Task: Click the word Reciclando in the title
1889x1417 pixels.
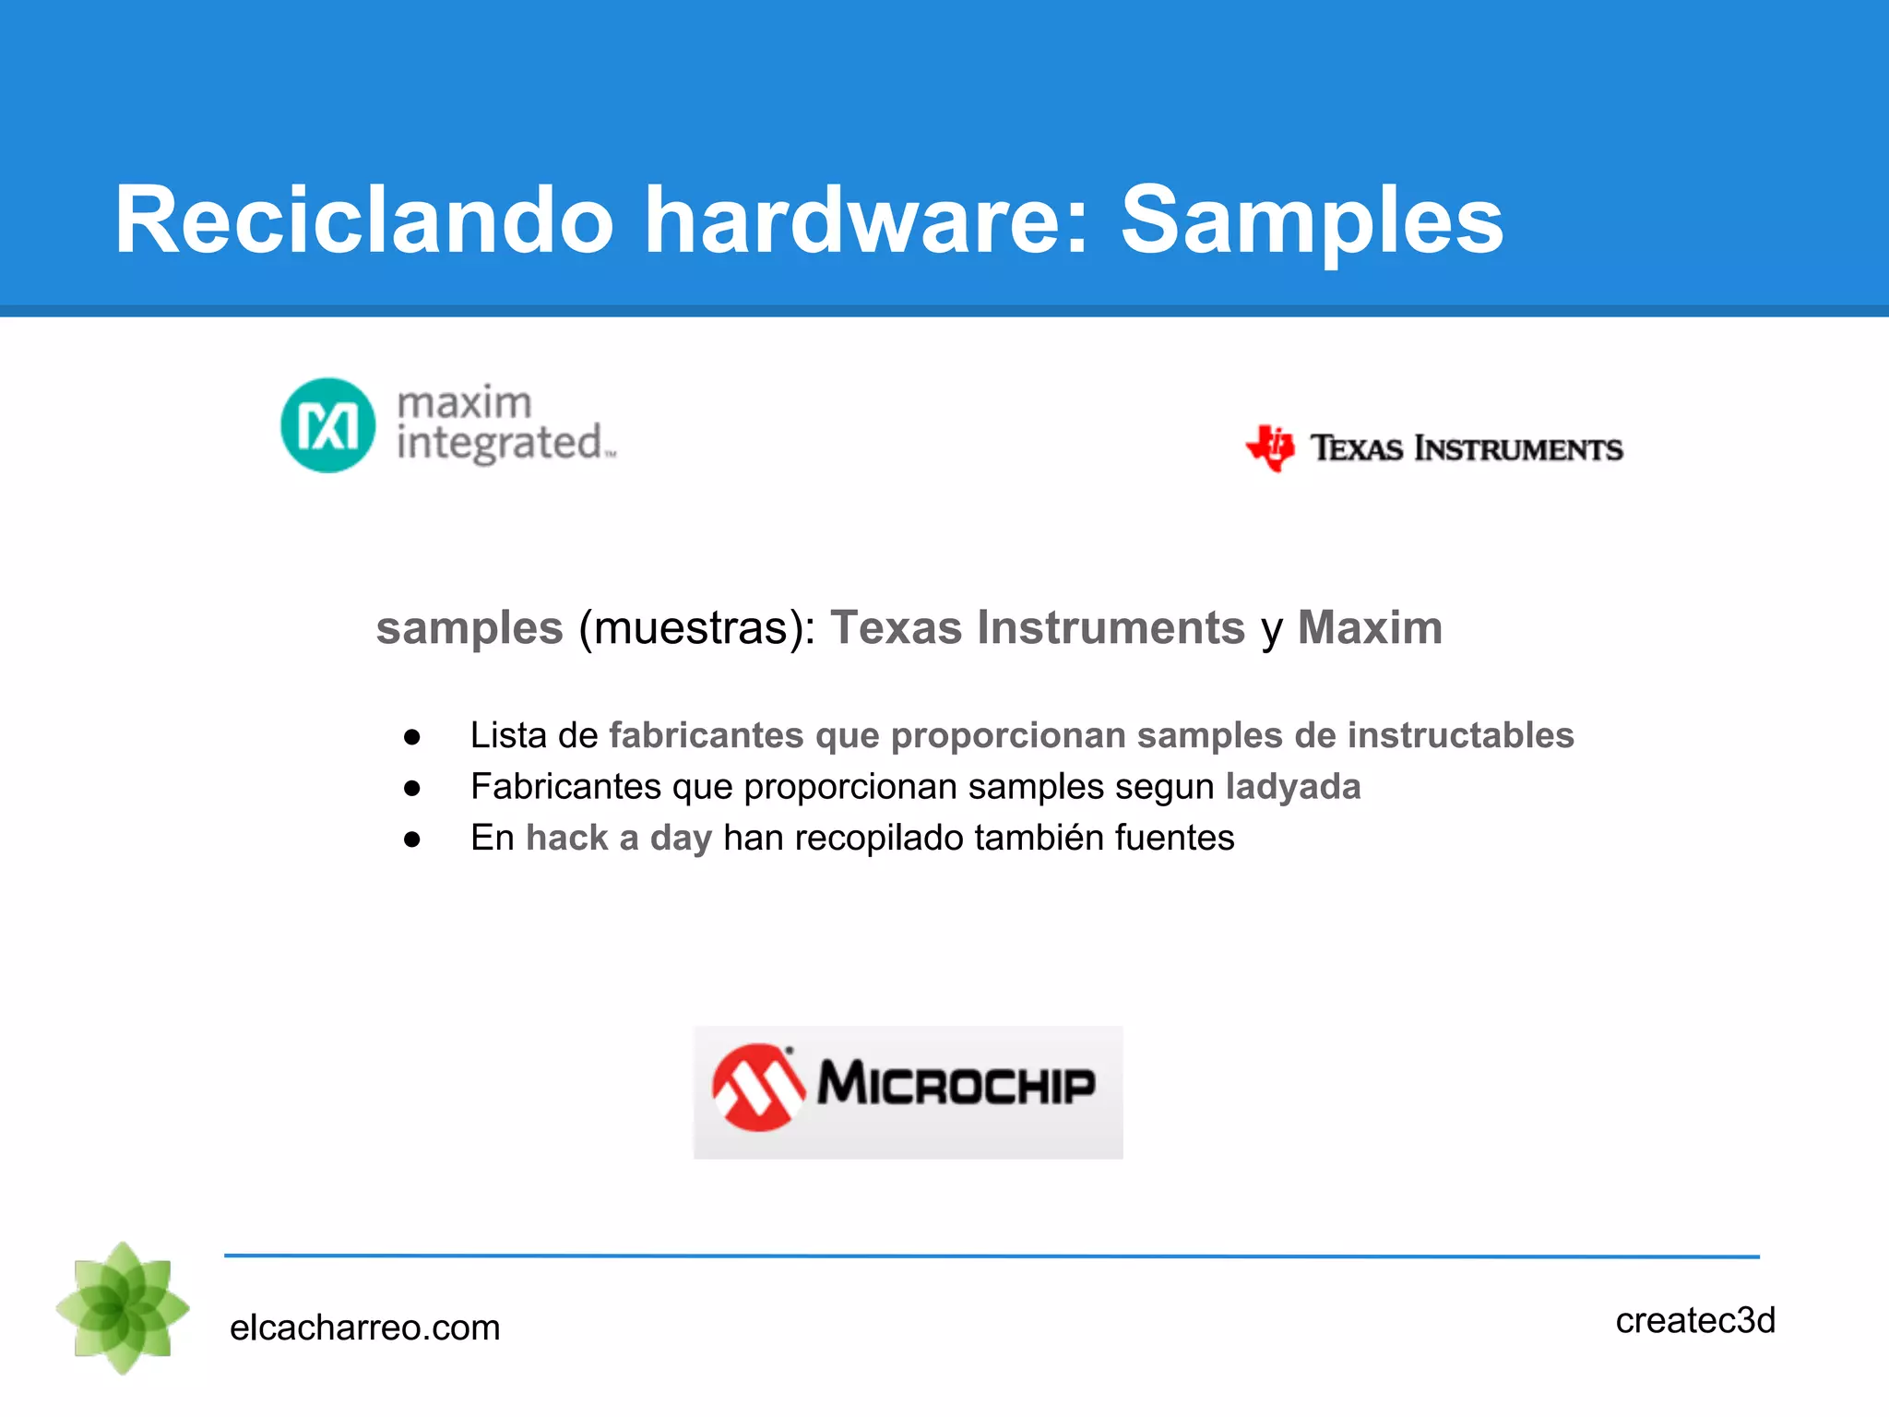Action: [x=364, y=221]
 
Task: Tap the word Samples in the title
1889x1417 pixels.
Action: [x=1311, y=221]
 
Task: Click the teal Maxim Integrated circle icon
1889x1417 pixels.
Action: [x=328, y=425]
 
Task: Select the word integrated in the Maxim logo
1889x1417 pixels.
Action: [x=500, y=444]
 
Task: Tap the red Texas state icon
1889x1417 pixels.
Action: [x=1271, y=448]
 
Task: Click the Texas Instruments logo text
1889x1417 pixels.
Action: [x=1466, y=449]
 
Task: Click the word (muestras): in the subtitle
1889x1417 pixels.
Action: [x=696, y=629]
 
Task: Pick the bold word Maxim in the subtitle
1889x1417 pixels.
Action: [x=1370, y=628]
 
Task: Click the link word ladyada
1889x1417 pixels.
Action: [x=1292, y=787]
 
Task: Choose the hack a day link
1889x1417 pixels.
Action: [x=619, y=838]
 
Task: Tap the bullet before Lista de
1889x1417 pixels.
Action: [x=412, y=736]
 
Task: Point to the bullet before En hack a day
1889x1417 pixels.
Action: [x=412, y=839]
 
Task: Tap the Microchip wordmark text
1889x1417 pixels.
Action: [x=956, y=1084]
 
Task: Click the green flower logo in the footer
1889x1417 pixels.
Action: [x=123, y=1307]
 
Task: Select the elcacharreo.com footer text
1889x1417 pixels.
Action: [x=364, y=1328]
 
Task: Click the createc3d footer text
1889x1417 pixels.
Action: [x=1694, y=1320]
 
